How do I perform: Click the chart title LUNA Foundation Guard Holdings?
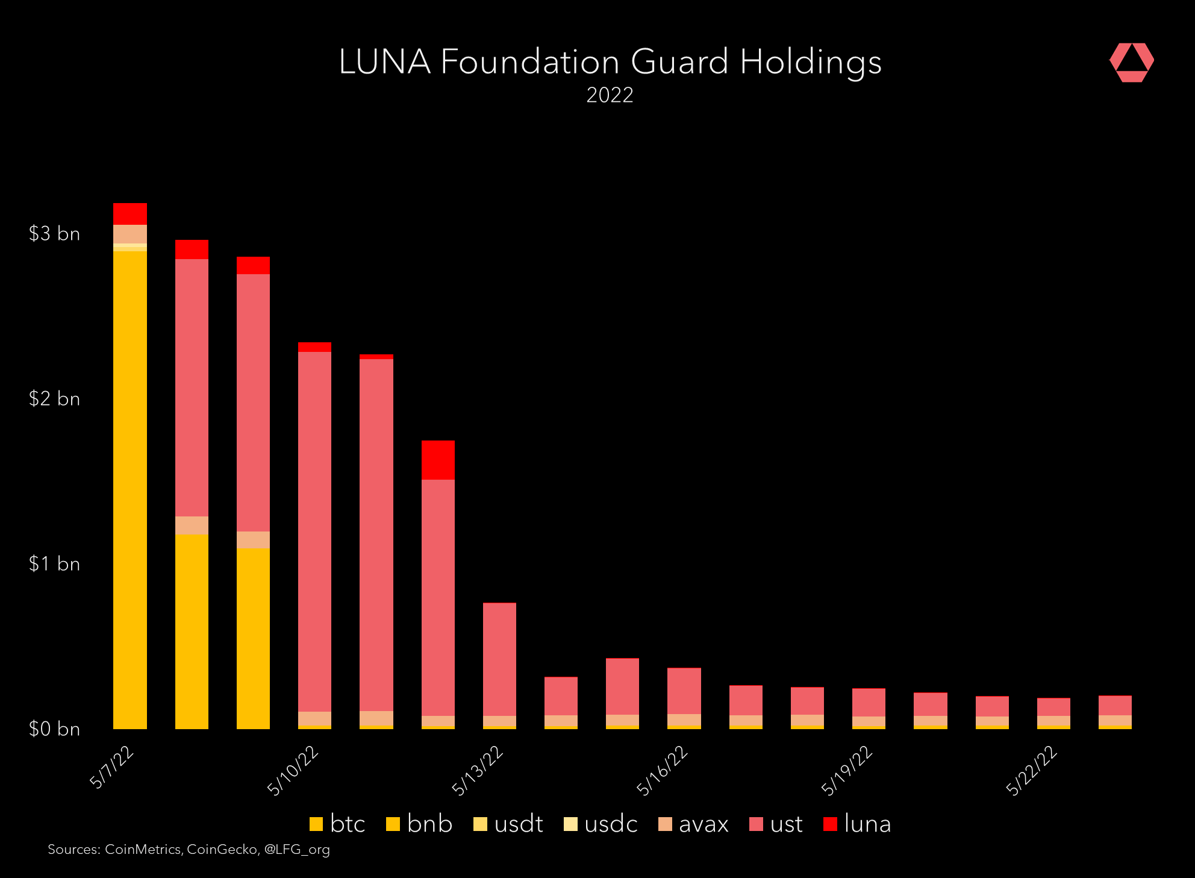point(610,62)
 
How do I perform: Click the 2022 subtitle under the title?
point(610,95)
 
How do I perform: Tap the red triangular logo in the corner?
point(1131,62)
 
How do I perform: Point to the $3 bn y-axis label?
point(54,234)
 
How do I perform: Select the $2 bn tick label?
point(54,399)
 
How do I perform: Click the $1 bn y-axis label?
point(54,564)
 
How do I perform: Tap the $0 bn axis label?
point(54,729)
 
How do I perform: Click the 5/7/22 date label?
point(112,767)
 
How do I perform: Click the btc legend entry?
point(337,824)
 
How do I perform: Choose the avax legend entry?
point(694,824)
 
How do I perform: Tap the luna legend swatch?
point(830,824)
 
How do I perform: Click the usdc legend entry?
point(601,824)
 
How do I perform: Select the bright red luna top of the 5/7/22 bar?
point(130,214)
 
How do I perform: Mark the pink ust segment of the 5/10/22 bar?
point(314,530)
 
